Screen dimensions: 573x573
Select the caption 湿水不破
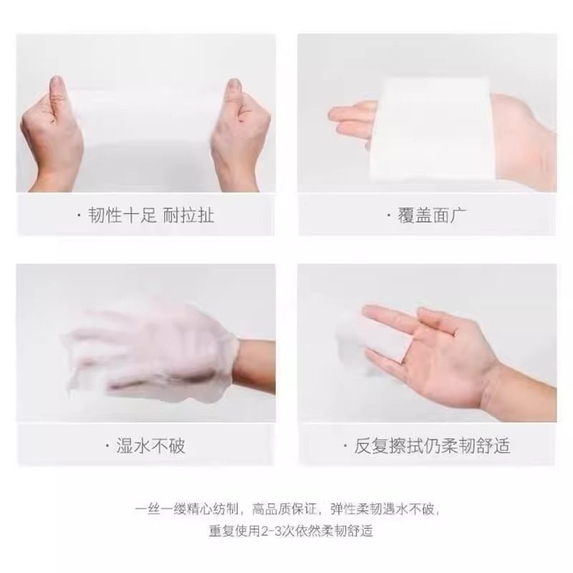tap(150, 446)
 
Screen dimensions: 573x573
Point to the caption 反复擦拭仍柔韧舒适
tap(433, 446)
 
